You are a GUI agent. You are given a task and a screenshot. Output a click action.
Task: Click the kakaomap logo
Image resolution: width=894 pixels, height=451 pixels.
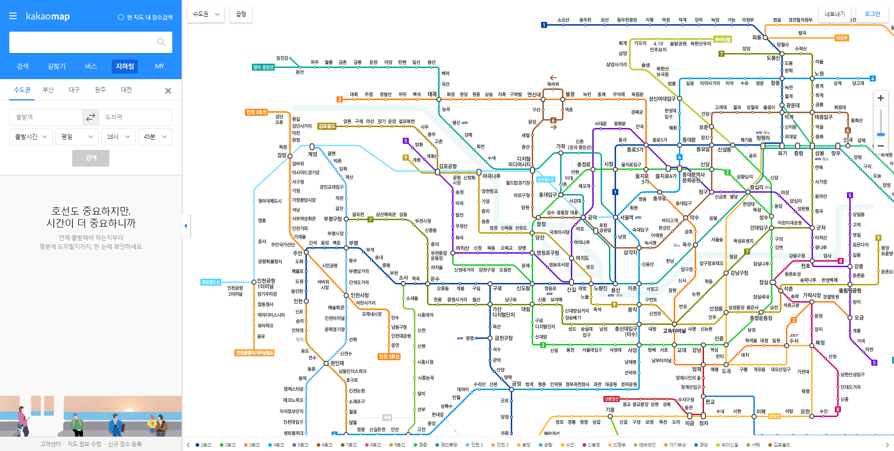(47, 17)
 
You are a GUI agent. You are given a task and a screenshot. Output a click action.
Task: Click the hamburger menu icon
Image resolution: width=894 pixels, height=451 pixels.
(13, 16)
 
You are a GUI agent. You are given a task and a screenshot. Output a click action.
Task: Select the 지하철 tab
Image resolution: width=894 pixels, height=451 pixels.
(125, 66)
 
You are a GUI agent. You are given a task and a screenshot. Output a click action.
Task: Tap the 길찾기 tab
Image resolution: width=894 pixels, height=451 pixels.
(57, 66)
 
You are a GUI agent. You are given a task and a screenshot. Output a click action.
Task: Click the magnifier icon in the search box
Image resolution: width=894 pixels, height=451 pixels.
(161, 42)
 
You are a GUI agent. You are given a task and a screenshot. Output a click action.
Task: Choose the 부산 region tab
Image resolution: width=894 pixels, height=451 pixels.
(48, 90)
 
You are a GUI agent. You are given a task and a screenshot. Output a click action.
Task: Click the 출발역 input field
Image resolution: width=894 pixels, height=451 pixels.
(46, 117)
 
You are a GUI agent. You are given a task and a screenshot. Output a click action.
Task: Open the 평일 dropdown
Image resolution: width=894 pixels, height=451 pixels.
(77, 137)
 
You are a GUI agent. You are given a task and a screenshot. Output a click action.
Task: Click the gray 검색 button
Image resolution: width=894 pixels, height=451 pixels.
(91, 158)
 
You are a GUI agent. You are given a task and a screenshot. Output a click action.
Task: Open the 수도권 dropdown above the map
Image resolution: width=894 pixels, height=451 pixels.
(206, 14)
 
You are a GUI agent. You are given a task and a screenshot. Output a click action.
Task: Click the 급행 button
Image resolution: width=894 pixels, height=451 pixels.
(241, 14)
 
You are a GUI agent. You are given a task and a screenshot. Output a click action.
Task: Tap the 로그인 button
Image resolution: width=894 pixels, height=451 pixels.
(872, 14)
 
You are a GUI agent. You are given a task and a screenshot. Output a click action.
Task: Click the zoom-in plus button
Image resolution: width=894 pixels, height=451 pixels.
(880, 98)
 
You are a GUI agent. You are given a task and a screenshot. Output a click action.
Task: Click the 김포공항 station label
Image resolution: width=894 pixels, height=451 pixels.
(447, 166)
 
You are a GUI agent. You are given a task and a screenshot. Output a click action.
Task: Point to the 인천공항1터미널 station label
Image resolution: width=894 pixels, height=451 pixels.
(266, 283)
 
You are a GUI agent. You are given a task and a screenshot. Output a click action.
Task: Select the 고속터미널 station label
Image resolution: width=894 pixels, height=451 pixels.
(674, 331)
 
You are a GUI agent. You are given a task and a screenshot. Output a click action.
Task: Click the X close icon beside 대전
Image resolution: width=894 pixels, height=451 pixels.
(168, 91)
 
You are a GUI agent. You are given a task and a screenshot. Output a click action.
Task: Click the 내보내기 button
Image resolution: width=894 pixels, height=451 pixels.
(834, 14)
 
